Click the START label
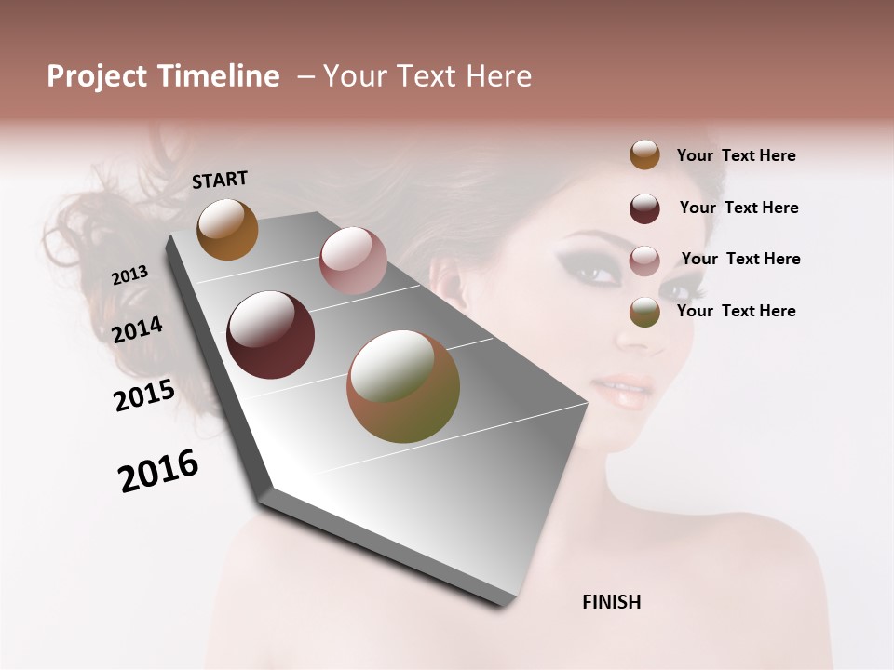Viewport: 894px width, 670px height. coord(220,180)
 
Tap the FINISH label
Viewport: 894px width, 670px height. coord(611,602)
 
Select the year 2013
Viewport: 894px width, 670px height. coord(129,275)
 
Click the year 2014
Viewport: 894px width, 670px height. coord(137,330)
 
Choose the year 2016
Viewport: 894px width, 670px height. coord(158,471)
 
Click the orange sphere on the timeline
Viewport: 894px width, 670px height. coord(227,229)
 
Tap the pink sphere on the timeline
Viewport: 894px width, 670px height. coord(353,261)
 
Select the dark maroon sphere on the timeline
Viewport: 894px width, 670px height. coord(271,335)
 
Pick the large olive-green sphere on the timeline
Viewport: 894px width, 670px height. coord(403,386)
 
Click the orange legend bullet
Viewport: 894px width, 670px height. coord(644,154)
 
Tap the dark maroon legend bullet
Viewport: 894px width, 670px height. coord(644,208)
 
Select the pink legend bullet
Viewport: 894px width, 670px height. coord(644,260)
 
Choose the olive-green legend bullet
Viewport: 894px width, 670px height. coord(644,312)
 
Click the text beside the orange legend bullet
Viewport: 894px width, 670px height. coord(736,155)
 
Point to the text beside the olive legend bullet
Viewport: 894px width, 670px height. coord(736,311)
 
